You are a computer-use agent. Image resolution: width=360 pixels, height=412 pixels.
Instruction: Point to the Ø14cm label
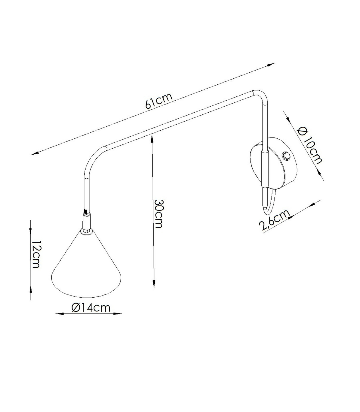pos(91,307)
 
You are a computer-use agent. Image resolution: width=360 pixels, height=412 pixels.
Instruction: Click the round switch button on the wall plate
pos(286,156)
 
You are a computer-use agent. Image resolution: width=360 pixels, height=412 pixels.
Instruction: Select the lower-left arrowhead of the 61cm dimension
pos(35,153)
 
